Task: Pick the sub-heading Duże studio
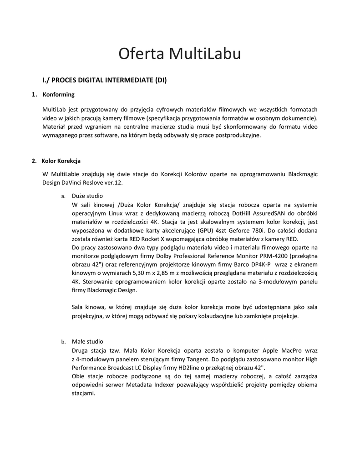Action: (x=87, y=196)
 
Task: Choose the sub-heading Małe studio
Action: (x=87, y=341)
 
